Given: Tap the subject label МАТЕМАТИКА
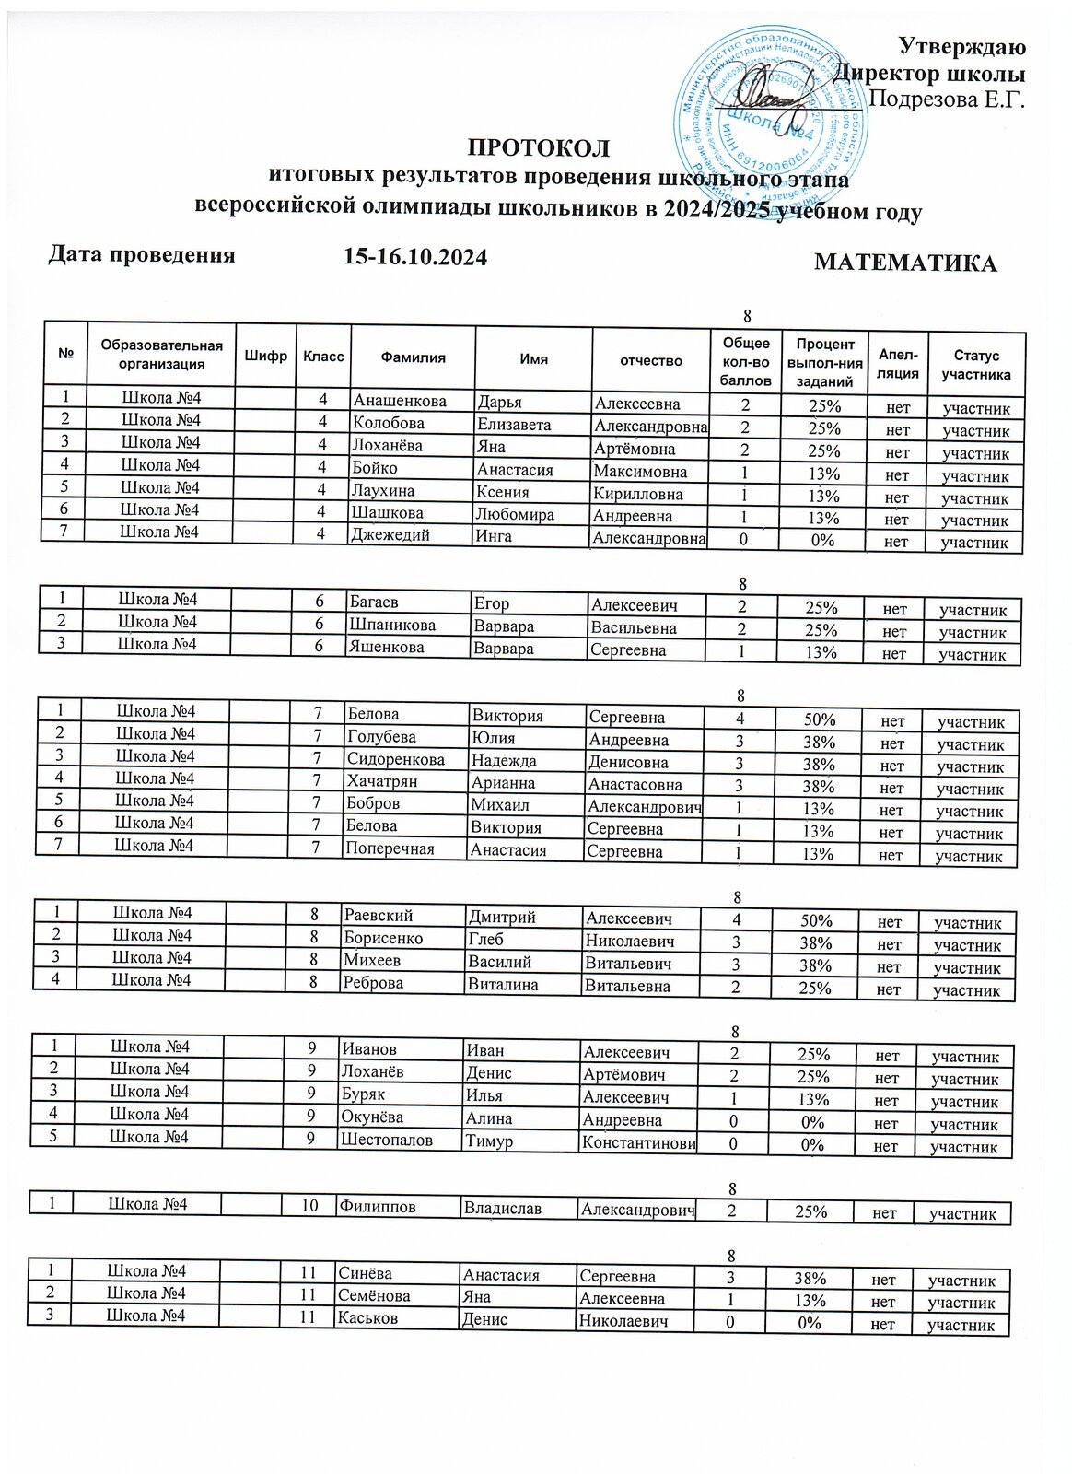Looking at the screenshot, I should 905,263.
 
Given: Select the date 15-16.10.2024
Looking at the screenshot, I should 414,257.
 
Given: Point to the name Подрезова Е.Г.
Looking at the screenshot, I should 948,99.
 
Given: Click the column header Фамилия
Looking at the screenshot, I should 414,358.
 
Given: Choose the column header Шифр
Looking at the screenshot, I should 266,357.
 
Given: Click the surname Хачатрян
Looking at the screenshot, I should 382,781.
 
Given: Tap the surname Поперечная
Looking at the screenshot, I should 390,848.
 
